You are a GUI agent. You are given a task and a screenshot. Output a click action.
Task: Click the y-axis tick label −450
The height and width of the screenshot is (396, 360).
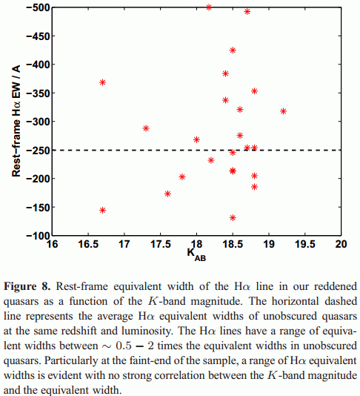pyautogui.click(x=37, y=36)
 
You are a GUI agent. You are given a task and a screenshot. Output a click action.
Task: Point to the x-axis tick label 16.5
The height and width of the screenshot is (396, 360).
pyautogui.click(x=88, y=244)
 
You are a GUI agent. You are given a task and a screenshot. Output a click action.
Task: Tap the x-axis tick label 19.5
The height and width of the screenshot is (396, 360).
pyautogui.click(x=305, y=244)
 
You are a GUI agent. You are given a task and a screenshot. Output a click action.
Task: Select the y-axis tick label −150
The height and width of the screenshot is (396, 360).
pyautogui.click(x=37, y=208)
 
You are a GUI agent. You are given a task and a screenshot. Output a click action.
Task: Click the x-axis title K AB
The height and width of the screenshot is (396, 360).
pyautogui.click(x=196, y=254)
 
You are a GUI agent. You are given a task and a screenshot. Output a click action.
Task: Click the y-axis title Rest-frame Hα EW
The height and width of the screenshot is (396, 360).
pyautogui.click(x=16, y=121)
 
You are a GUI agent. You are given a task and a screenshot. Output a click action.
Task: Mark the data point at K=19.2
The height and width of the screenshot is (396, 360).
pyautogui.click(x=283, y=111)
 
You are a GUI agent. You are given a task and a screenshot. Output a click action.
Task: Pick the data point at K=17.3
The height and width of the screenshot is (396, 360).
pyautogui.click(x=146, y=128)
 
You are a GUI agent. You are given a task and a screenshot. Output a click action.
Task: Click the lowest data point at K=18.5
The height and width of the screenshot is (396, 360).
pyautogui.click(x=233, y=218)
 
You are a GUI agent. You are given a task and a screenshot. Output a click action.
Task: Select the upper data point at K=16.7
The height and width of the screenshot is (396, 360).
pyautogui.click(x=102, y=82)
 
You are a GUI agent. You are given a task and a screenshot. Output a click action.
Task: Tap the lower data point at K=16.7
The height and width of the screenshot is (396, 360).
pyautogui.click(x=102, y=210)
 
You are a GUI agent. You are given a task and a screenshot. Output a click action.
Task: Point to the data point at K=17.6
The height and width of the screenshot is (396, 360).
pyautogui.click(x=167, y=194)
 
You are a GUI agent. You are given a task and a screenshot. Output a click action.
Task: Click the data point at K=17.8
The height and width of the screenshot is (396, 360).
pyautogui.click(x=182, y=176)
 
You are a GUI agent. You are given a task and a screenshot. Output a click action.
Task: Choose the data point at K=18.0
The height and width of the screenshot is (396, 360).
pyautogui.click(x=196, y=139)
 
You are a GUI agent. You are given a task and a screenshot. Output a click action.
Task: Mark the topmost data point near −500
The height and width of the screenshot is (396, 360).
pyautogui.click(x=209, y=7)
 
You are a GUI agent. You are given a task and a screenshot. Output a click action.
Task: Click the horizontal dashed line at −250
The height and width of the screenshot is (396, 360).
pyautogui.click(x=196, y=151)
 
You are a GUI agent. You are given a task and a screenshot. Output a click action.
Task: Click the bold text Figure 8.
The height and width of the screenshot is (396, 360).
pyautogui.click(x=27, y=287)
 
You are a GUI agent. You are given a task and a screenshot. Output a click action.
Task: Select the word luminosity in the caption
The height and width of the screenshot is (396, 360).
pyautogui.click(x=148, y=331)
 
